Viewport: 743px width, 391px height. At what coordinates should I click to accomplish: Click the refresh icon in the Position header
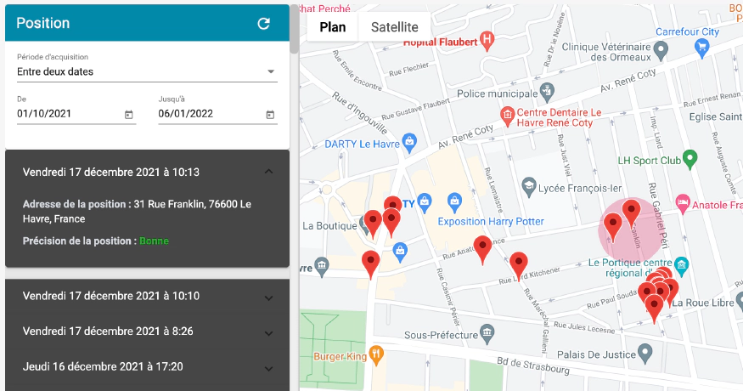(x=263, y=24)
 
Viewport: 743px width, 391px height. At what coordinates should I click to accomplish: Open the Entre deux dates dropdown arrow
(x=271, y=72)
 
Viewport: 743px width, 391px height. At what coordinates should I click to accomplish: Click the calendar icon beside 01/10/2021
(x=129, y=115)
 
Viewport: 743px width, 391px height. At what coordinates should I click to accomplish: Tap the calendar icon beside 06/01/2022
(x=270, y=115)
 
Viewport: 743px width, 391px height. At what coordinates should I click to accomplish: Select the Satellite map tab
(x=394, y=26)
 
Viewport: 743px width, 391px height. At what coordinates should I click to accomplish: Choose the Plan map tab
(x=332, y=26)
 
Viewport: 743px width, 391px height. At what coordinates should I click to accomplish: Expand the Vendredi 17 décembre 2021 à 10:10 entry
(x=268, y=297)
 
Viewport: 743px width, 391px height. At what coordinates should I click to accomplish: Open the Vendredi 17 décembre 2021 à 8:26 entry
(x=268, y=331)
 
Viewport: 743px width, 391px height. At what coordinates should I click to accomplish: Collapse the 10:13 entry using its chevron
(x=268, y=172)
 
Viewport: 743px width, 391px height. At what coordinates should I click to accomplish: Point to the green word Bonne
(x=154, y=241)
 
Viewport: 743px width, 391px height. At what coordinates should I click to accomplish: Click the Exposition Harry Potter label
(x=490, y=222)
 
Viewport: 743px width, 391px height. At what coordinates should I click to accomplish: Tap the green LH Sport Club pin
(x=690, y=158)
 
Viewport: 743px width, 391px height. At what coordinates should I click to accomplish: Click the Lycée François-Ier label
(x=578, y=186)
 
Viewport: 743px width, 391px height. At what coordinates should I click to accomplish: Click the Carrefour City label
(x=687, y=31)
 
